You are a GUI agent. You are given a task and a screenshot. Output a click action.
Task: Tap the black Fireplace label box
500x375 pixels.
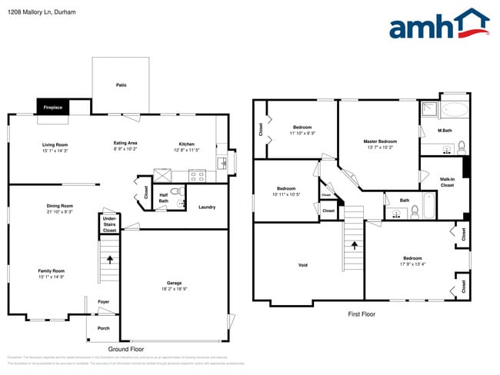(x=53, y=108)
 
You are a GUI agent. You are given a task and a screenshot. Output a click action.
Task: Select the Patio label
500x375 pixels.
(x=121, y=85)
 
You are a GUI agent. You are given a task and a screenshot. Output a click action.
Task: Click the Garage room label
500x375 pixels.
(x=175, y=283)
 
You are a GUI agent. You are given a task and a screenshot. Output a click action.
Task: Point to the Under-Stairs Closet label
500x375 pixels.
(x=110, y=224)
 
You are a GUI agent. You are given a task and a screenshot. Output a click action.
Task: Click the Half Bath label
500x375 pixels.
(x=164, y=197)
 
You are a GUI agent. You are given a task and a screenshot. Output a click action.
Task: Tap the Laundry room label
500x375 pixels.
(x=206, y=207)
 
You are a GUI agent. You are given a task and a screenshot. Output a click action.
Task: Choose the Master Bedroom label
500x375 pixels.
(x=381, y=141)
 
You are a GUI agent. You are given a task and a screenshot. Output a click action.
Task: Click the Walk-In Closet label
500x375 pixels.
(x=447, y=182)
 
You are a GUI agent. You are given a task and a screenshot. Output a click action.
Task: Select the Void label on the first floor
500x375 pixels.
(x=303, y=265)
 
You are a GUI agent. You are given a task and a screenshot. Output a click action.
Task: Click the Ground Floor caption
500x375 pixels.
(x=126, y=348)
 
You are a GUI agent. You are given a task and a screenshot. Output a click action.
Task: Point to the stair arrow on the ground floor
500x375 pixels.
(x=109, y=259)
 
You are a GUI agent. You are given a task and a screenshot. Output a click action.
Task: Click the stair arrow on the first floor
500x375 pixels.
(x=355, y=246)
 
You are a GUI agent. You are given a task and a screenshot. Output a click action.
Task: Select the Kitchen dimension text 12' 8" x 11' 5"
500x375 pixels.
(x=187, y=150)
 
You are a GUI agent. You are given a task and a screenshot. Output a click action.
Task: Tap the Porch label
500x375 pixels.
(x=103, y=328)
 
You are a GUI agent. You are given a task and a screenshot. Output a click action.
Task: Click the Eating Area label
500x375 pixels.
(x=125, y=144)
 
